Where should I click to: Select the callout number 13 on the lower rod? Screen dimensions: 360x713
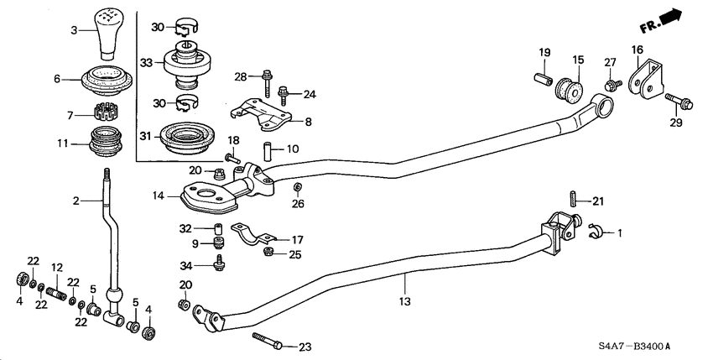pyautogui.click(x=404, y=300)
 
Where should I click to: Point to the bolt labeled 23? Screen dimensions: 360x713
pyautogui.click(x=268, y=342)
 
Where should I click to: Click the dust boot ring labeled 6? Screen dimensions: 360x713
pyautogui.click(x=107, y=81)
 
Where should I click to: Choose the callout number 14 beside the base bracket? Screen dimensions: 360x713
pyautogui.click(x=158, y=196)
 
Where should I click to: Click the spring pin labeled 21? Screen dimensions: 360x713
pyautogui.click(x=571, y=201)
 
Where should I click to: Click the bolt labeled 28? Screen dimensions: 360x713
pyautogui.click(x=267, y=81)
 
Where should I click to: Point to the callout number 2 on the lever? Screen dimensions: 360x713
pyautogui.click(x=75, y=201)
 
